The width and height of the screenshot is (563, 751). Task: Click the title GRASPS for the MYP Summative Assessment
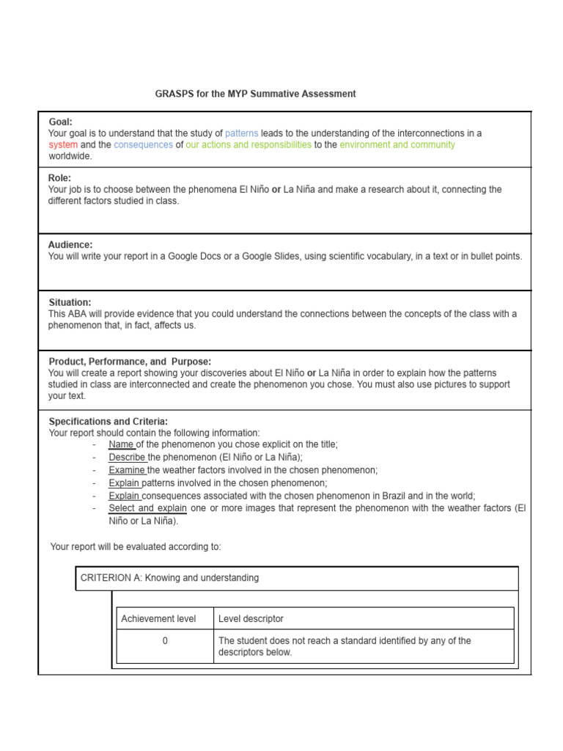click(x=255, y=94)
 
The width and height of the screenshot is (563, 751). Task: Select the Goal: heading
click(x=61, y=122)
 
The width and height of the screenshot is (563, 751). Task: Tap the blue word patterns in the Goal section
click(x=242, y=133)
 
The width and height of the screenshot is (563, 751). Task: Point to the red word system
click(x=63, y=145)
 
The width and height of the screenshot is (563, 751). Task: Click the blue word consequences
click(x=144, y=145)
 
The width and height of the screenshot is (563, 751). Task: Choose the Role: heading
click(x=59, y=177)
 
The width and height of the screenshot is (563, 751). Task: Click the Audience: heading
click(x=70, y=244)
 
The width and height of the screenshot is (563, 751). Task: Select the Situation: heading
click(x=70, y=302)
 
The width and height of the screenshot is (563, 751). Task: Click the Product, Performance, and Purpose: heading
click(x=130, y=362)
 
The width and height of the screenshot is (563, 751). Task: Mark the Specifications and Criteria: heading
click(x=108, y=422)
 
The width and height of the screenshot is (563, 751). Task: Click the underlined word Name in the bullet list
click(x=120, y=444)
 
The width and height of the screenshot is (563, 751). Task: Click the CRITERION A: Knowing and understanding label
click(x=169, y=578)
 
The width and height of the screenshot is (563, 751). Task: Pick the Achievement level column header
click(x=158, y=619)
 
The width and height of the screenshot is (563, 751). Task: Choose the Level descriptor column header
click(x=251, y=619)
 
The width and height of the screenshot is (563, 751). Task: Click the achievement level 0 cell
click(x=165, y=641)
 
